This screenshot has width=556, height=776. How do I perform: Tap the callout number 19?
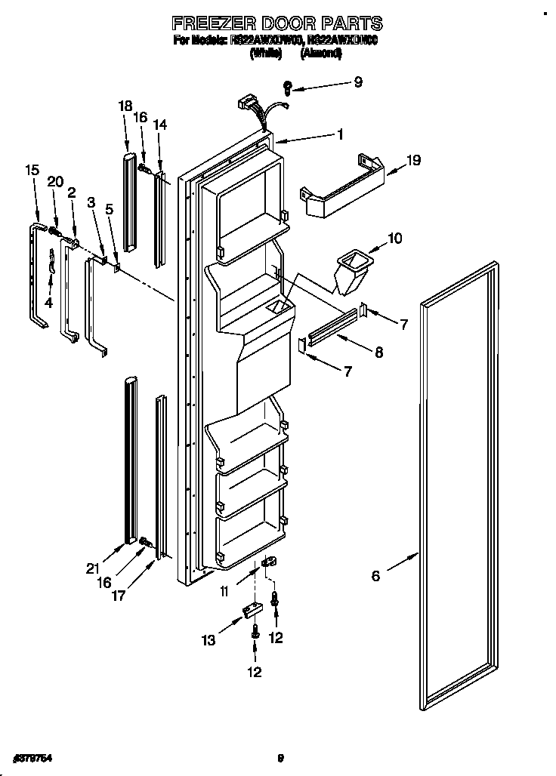click(x=413, y=160)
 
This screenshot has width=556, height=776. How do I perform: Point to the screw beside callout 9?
click(x=288, y=86)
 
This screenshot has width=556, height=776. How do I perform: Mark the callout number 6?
click(x=376, y=577)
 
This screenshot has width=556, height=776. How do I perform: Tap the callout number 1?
click(x=341, y=135)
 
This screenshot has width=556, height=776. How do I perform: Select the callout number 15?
click(x=31, y=171)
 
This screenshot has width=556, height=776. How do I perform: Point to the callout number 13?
click(x=208, y=641)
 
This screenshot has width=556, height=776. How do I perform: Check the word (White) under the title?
click(x=265, y=54)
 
